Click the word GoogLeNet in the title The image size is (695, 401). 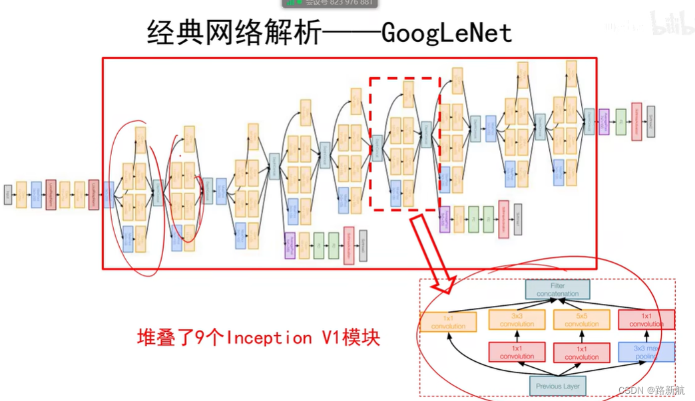click(x=447, y=31)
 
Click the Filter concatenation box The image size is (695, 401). click(x=557, y=289)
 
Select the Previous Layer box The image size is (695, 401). click(x=557, y=386)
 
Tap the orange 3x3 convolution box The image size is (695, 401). click(x=517, y=320)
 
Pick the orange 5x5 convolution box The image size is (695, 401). click(x=581, y=320)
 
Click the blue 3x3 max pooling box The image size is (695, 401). click(x=646, y=352)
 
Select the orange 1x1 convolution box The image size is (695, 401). click(x=448, y=322)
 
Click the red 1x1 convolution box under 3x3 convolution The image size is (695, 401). click(x=517, y=352)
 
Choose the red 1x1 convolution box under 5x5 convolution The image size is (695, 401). click(x=581, y=352)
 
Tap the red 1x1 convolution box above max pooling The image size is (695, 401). click(x=646, y=320)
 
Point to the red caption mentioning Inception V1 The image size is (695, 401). click(x=259, y=338)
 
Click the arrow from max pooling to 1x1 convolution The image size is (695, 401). click(x=646, y=336)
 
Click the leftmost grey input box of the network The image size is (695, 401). click(x=8, y=195)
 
